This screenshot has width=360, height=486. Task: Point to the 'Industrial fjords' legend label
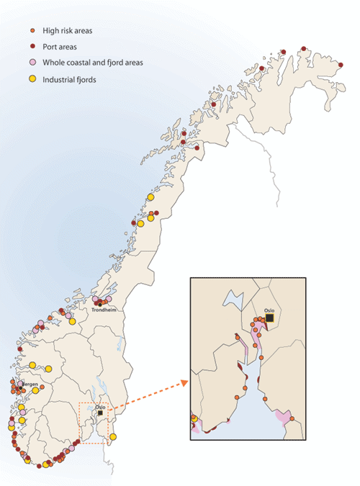[71, 79]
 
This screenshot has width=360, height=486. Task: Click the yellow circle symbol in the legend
[32, 78]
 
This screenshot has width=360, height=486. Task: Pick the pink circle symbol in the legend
[32, 63]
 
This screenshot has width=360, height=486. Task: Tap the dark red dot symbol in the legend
[32, 47]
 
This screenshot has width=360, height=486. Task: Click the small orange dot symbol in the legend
[32, 32]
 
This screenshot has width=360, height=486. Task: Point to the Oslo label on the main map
[99, 407]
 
